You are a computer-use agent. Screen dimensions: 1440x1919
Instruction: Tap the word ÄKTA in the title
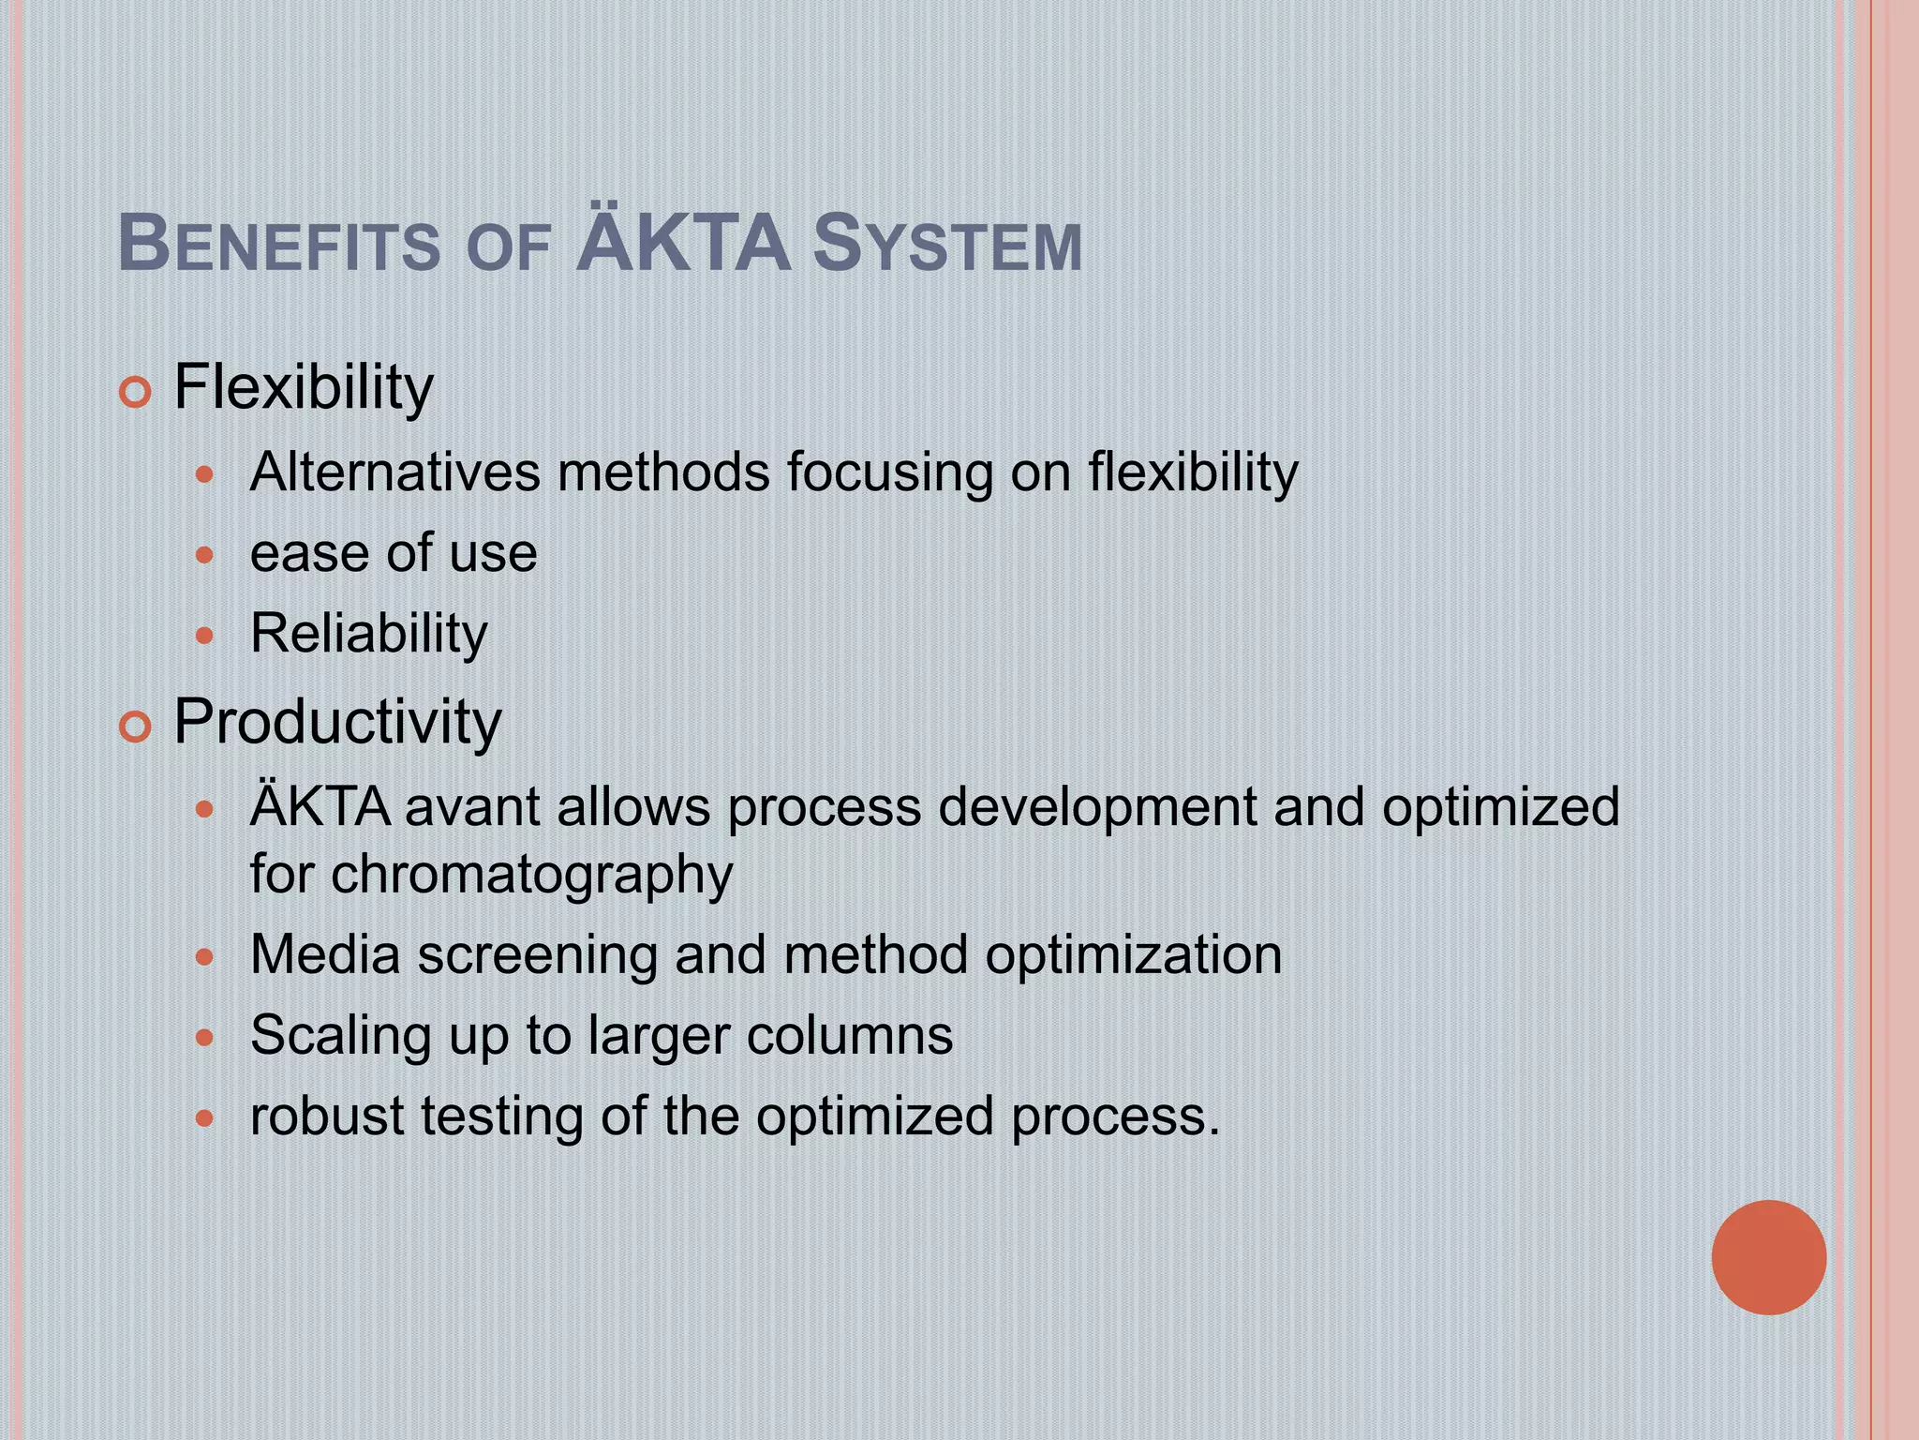[683, 243]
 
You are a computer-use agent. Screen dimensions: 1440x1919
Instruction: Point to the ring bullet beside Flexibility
[136, 393]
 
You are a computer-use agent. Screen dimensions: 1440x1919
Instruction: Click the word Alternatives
[394, 472]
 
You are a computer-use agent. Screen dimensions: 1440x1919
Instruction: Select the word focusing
[889, 473]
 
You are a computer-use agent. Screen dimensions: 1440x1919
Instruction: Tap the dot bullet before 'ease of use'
[204, 556]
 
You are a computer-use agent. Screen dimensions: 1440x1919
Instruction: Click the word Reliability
[369, 635]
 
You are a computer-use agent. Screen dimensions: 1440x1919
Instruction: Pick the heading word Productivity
[337, 722]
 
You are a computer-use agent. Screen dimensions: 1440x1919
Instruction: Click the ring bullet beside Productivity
[136, 727]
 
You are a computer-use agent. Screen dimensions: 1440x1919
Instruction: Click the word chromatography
[531, 876]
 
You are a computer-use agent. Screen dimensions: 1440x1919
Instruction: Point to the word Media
[325, 955]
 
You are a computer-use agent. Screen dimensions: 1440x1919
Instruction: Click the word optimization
[1133, 957]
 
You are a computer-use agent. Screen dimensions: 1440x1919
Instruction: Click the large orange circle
[1768, 1257]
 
